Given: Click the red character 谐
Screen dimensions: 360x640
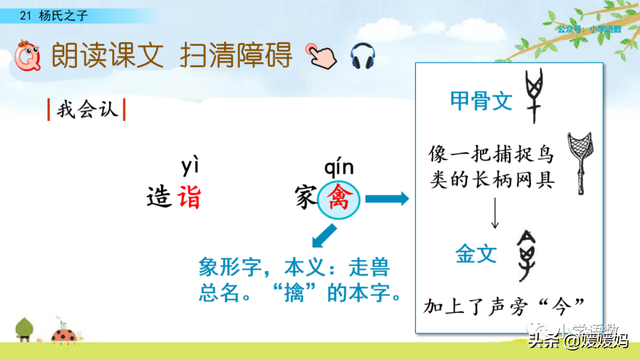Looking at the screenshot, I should tap(189, 197).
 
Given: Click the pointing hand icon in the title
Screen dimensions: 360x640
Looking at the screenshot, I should tap(321, 56).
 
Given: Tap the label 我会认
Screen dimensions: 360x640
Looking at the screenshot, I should tap(86, 108).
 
